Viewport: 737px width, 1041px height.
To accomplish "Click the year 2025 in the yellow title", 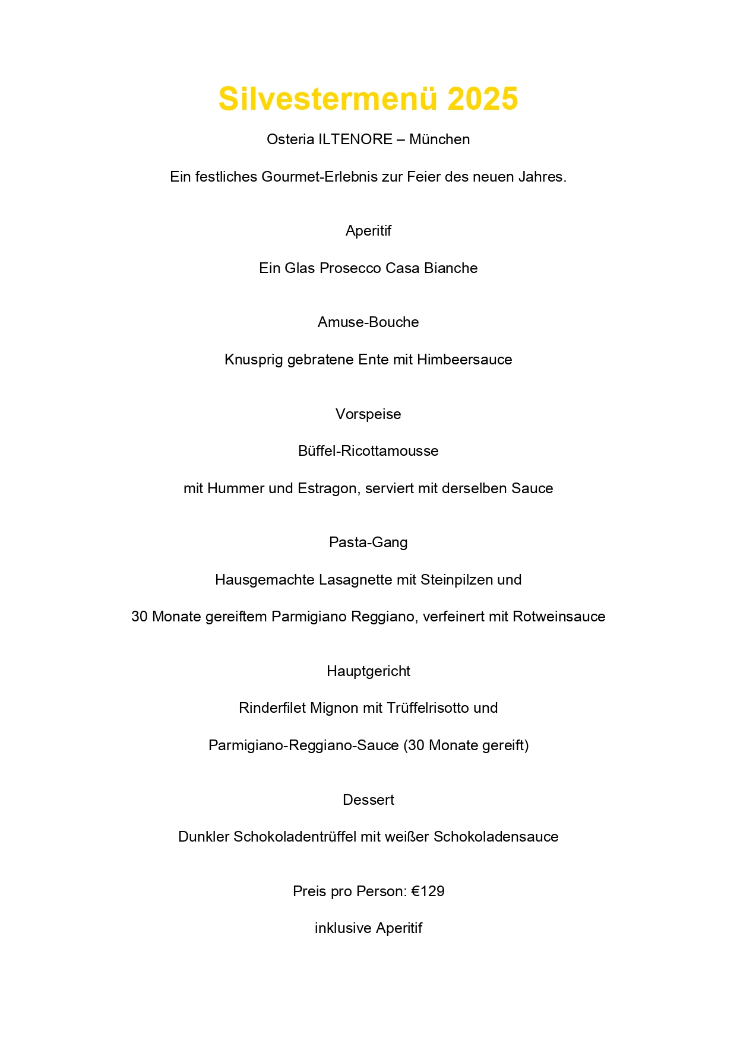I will click(482, 99).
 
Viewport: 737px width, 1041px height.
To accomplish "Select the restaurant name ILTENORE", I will click(355, 139).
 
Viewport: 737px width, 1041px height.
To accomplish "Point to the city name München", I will click(439, 139).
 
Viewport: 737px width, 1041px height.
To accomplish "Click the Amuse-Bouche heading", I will click(368, 322).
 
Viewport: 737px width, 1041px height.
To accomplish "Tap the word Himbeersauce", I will click(464, 360).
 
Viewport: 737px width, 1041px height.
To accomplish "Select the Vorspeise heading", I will click(368, 414).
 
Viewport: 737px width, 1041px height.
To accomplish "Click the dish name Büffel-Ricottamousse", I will click(368, 451).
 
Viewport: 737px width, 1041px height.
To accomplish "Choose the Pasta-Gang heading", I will click(368, 542).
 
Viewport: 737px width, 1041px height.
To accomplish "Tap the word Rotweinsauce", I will click(559, 617).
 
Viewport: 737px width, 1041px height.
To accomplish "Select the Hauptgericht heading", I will click(368, 671).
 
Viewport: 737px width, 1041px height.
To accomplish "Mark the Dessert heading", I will click(368, 800).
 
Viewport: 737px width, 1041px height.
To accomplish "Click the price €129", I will click(428, 891).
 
